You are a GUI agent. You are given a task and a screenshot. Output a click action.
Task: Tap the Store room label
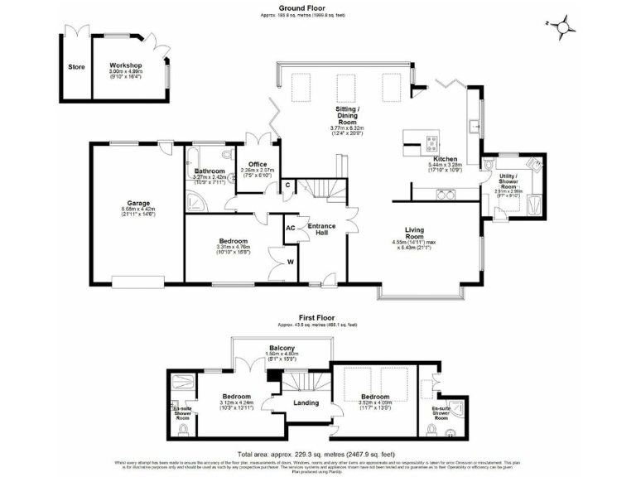coord(76,68)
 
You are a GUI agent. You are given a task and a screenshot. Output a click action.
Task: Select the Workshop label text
coord(126,65)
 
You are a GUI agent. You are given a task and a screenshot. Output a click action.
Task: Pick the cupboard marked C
coord(288,185)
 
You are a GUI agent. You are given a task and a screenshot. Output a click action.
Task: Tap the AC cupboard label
coord(290,228)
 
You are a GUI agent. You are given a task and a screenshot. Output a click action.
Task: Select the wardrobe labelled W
coord(290,264)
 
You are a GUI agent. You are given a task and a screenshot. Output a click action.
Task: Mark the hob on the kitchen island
coord(431,140)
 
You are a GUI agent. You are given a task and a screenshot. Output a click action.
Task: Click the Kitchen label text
coord(445,158)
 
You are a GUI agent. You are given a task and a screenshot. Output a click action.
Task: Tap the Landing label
coord(306,402)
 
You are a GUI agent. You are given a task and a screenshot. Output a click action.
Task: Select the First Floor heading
coord(317,318)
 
